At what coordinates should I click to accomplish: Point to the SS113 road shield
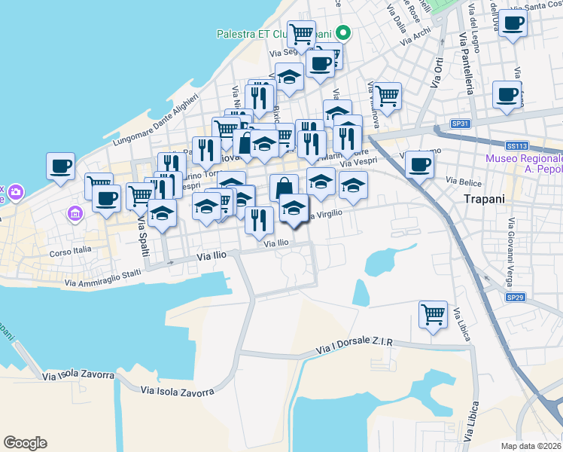[x=516, y=145]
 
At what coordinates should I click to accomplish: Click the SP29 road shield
[x=515, y=298]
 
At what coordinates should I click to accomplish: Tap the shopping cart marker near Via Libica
[x=433, y=314]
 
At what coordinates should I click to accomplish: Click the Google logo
[x=26, y=443]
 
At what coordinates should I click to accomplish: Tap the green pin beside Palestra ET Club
[x=343, y=32]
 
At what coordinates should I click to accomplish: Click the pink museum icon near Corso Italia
[x=75, y=215]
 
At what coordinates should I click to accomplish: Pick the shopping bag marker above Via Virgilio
[x=284, y=188]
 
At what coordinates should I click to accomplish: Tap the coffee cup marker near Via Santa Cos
[x=513, y=23]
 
